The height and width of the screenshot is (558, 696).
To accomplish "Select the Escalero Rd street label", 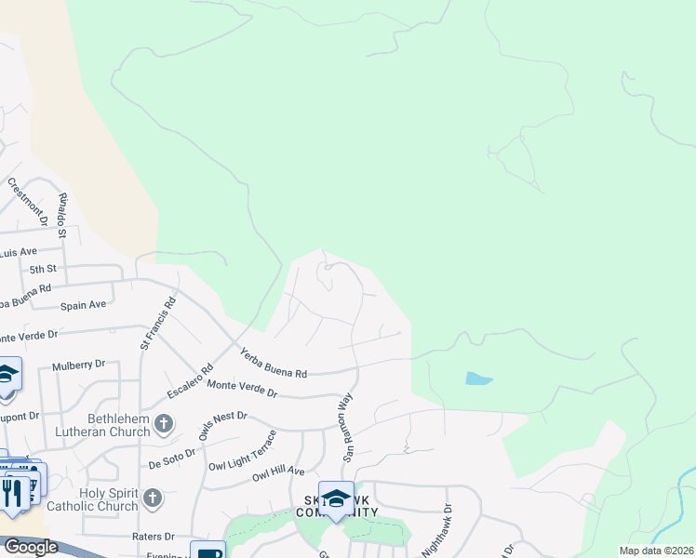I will coord(185,380).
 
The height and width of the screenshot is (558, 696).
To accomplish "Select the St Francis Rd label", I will coord(158,323).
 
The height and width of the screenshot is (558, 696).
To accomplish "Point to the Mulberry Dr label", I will coord(80,365).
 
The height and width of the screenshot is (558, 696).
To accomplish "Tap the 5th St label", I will coord(43,269).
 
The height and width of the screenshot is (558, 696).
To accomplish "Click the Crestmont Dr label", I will coord(26,194).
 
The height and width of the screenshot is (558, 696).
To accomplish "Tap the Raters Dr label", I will coord(156,537).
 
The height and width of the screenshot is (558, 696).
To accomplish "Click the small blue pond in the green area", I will coord(478,379).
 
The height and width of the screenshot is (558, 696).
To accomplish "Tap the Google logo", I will coord(30,547).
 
